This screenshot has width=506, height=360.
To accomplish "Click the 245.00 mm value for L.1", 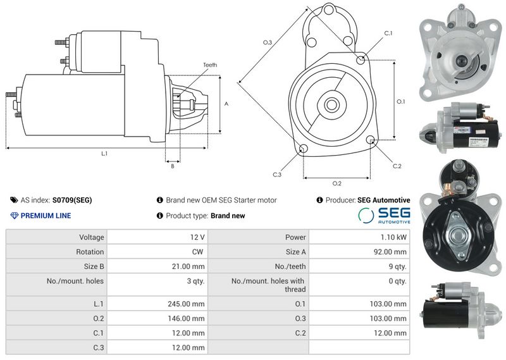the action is [x=186, y=304].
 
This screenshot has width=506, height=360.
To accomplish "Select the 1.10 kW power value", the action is [x=393, y=237].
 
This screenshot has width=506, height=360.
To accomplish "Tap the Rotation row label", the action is [x=90, y=252].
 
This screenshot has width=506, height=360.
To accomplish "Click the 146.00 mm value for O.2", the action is [x=186, y=319].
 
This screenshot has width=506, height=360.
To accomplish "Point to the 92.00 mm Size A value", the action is [x=390, y=252].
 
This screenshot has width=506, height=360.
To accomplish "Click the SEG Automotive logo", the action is [x=384, y=215].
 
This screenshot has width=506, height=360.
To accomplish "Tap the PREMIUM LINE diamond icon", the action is [x=14, y=216].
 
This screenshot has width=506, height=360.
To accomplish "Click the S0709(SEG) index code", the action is [x=72, y=200].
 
